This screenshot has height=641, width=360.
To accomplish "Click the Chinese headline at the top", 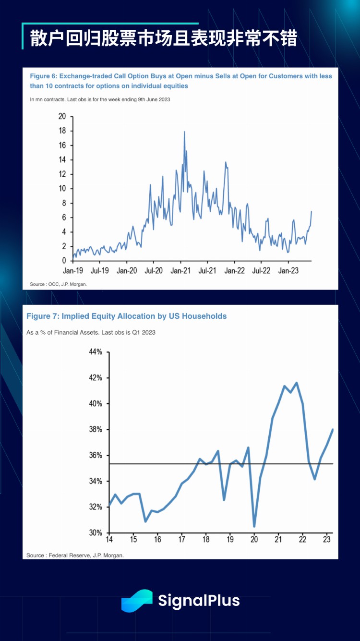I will click(163, 38).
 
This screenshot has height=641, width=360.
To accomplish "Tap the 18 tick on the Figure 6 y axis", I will click(62, 131).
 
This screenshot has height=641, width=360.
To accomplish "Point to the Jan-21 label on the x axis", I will click(180, 271).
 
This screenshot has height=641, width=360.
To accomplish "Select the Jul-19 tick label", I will click(99, 271).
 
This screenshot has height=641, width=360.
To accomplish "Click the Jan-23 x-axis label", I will click(288, 271).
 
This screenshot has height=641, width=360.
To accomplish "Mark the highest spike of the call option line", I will click(184, 132).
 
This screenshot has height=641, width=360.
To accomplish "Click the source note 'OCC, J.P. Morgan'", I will click(66, 284).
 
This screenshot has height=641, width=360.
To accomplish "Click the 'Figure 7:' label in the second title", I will click(43, 316).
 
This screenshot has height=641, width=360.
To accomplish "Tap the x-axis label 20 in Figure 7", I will click(254, 540).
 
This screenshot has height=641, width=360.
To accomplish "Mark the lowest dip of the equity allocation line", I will click(254, 526).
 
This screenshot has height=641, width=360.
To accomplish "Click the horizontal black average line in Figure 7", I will click(192, 464).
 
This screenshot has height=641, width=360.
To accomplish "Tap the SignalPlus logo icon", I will click(137, 601).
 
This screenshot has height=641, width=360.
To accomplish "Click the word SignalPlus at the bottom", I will click(199, 601).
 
